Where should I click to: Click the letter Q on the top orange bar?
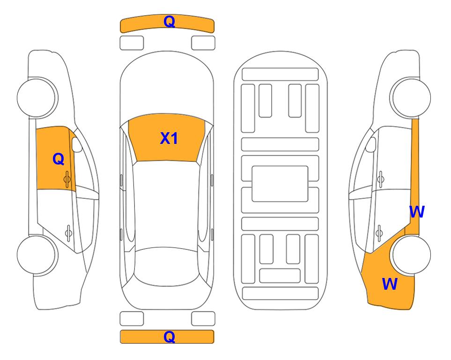point(169,22)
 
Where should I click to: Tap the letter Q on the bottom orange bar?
point(169,337)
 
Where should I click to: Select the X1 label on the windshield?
point(169,138)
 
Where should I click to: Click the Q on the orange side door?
point(59,159)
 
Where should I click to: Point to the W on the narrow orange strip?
point(417,212)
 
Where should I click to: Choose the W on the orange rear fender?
point(390,284)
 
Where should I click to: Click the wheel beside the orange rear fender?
point(412,255)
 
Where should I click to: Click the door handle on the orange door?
point(67,179)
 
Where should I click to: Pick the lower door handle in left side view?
point(68,232)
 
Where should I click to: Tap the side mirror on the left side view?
point(77,144)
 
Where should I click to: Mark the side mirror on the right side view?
point(371,144)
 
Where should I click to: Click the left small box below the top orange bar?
point(132,43)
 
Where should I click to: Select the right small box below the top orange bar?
point(203,43)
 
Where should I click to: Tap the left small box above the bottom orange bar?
point(132,319)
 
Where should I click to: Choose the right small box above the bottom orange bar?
point(203,319)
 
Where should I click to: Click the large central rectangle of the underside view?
point(280,184)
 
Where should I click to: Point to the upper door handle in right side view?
point(381,179)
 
